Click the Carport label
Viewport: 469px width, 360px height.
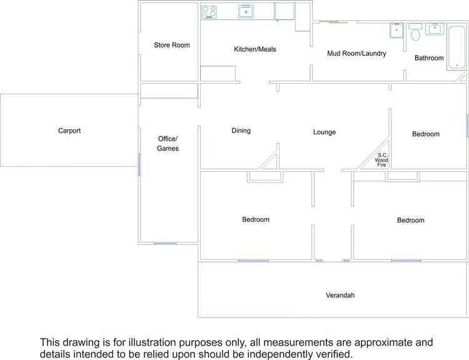click(69, 131)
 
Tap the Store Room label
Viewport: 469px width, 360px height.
click(172, 45)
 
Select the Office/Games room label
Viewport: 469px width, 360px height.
click(168, 143)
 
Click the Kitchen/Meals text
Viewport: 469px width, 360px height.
click(255, 49)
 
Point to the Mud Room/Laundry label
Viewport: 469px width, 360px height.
click(356, 53)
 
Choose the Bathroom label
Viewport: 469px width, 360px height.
click(429, 58)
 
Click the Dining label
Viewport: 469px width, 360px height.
click(241, 131)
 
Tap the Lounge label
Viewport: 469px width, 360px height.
click(325, 132)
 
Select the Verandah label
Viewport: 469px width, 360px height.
click(340, 295)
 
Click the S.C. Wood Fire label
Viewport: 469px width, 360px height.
click(381, 160)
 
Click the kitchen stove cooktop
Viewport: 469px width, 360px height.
click(209, 11)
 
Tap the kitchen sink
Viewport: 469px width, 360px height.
click(246, 11)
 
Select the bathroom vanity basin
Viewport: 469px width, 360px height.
click(433, 29)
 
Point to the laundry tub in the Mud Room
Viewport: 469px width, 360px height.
click(396, 30)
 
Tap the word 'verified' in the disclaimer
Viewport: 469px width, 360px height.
click(331, 353)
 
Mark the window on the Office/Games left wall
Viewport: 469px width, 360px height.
click(139, 164)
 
